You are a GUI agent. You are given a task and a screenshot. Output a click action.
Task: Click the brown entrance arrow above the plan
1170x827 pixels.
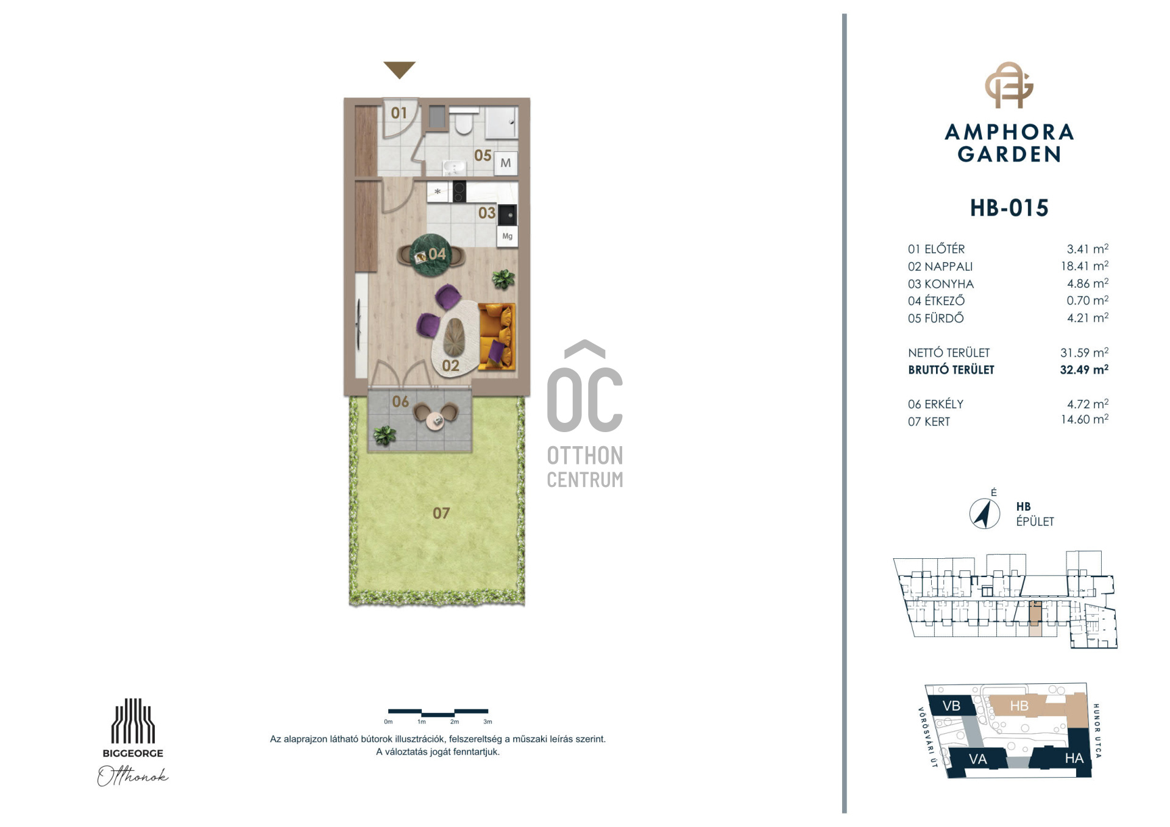(x=399, y=69)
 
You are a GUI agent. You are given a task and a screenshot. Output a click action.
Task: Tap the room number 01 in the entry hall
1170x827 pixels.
(x=399, y=113)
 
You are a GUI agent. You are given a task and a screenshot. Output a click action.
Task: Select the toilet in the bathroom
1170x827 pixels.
(x=464, y=121)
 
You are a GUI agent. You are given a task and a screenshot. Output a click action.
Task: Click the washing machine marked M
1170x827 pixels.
(x=505, y=163)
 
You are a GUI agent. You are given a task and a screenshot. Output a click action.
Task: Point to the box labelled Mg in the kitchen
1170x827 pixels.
(x=507, y=236)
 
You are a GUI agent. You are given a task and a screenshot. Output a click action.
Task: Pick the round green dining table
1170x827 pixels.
(x=431, y=255)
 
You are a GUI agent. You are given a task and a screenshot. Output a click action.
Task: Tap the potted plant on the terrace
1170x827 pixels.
(x=384, y=435)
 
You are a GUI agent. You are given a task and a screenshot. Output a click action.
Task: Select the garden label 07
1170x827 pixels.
(x=441, y=513)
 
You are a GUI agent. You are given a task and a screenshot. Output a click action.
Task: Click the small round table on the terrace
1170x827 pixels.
(x=435, y=421)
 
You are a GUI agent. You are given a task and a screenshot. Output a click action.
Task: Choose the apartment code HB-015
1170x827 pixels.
(x=1009, y=208)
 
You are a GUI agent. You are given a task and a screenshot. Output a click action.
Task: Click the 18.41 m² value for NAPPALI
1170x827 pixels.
(x=1084, y=266)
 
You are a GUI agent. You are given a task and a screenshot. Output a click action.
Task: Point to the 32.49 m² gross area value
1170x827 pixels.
(x=1084, y=369)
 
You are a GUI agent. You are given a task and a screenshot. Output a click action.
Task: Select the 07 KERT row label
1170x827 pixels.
(x=929, y=421)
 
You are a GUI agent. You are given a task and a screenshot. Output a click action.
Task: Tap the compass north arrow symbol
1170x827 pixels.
(x=984, y=513)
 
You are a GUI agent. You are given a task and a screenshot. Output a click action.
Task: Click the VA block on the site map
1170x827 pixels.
(x=977, y=759)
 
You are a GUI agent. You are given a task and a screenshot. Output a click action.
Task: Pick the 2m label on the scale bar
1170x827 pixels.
(x=455, y=722)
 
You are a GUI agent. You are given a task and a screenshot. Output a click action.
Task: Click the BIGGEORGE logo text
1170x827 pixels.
(x=133, y=753)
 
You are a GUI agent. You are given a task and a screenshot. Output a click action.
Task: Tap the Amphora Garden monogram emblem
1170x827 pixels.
(x=1009, y=85)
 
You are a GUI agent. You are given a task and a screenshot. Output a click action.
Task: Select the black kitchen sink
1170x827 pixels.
(x=508, y=215)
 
